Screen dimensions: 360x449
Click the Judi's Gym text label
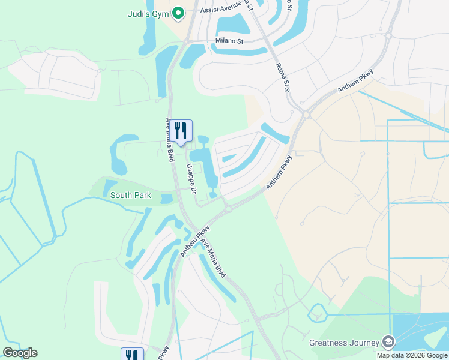click(148, 14)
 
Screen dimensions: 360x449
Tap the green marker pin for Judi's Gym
click(178, 13)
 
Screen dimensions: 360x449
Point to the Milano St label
click(229, 41)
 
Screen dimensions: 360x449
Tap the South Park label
click(131, 195)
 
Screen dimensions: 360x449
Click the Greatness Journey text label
click(344, 343)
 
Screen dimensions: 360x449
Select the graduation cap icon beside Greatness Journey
click(388, 342)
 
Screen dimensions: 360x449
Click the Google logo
click(20, 353)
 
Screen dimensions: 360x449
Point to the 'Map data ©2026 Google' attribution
click(412, 355)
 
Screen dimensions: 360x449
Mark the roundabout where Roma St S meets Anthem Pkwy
click(306, 114)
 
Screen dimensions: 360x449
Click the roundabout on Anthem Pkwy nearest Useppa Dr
click(228, 209)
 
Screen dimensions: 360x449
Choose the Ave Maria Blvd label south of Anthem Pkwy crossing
click(213, 258)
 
